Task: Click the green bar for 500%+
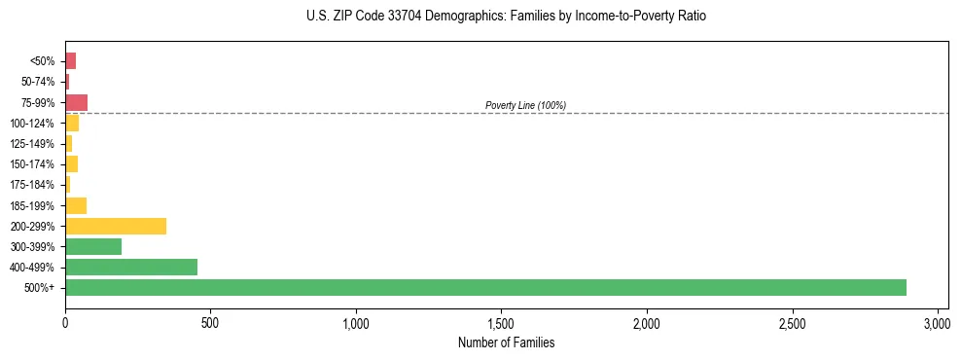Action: click(485, 287)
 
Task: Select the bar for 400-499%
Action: click(131, 267)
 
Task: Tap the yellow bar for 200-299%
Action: click(116, 226)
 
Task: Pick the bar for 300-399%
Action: click(93, 246)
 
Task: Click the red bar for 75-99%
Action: click(76, 102)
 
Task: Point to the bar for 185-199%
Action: click(76, 205)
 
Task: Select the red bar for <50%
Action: click(70, 60)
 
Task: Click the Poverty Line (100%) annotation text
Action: click(525, 105)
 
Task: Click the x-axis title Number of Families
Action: click(506, 342)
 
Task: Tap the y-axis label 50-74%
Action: click(39, 82)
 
